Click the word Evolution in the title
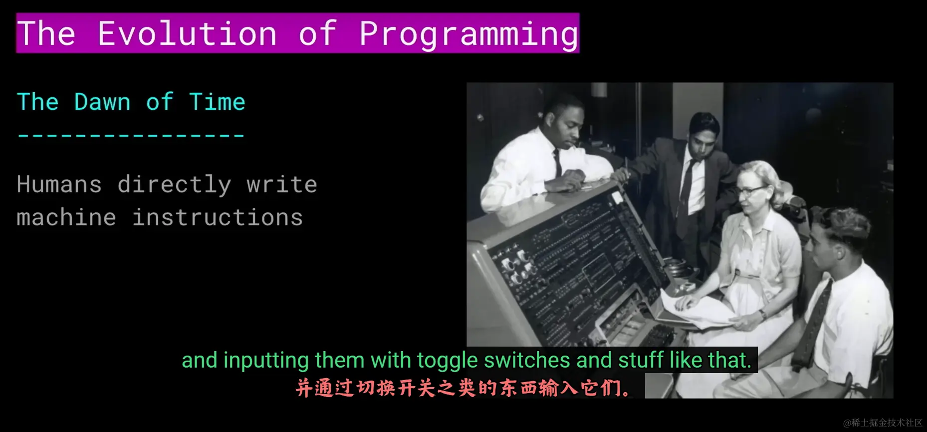[x=187, y=33]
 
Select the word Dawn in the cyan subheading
[x=102, y=102]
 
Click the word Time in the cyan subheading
[x=217, y=102]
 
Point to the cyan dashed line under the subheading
[x=131, y=135]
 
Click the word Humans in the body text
[x=59, y=184]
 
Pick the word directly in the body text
[x=175, y=185]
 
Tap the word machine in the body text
[x=66, y=217]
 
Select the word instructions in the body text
[x=218, y=217]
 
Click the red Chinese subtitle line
[x=464, y=388]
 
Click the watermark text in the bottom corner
[x=883, y=423]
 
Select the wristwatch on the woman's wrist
[x=762, y=315]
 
